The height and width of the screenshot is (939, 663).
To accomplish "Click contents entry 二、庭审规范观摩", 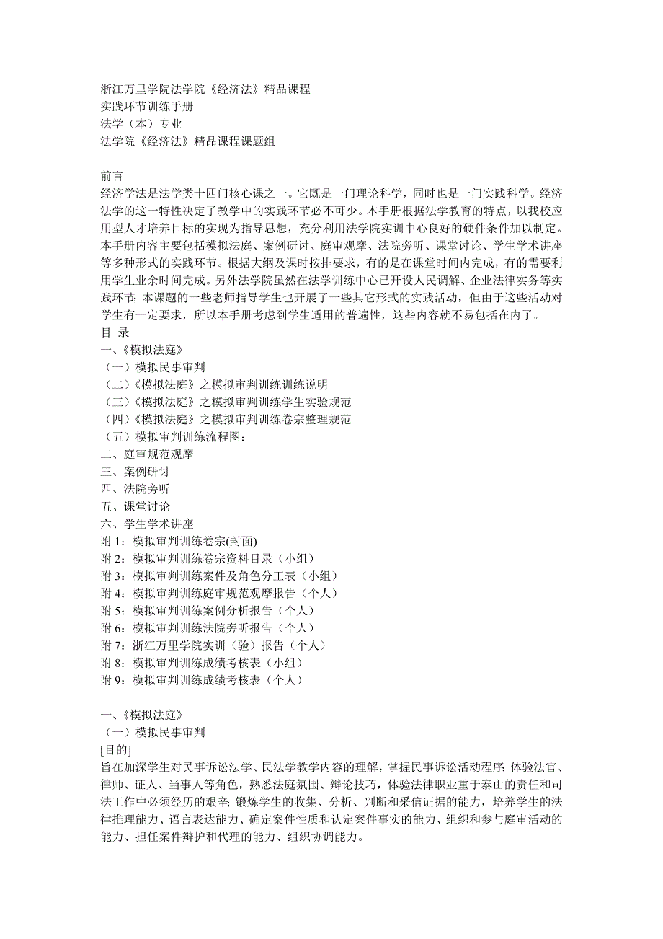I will tap(147, 454).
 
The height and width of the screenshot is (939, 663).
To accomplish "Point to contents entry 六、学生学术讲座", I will tap(147, 524).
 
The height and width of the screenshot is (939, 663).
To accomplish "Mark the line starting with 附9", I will tap(202, 679).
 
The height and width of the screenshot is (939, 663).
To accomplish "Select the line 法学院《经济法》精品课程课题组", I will tap(187, 141).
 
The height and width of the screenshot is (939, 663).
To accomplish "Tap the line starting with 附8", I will tap(202, 662).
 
